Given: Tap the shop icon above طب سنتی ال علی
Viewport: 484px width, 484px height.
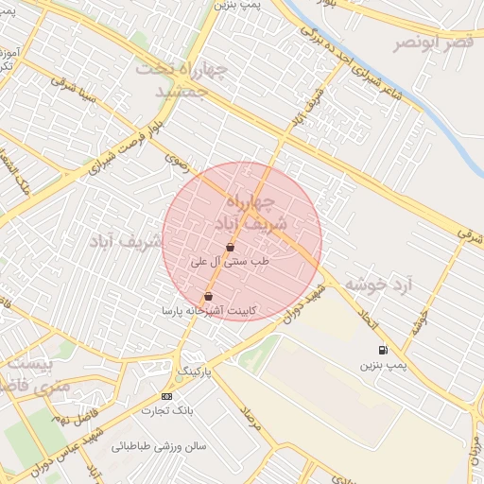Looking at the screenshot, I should click(231, 248).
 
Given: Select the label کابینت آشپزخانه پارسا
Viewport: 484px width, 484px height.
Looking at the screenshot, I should click(210, 310).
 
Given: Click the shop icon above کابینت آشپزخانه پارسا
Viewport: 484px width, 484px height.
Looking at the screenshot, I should click(208, 297).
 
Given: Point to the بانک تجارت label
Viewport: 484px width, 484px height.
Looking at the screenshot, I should click(167, 410).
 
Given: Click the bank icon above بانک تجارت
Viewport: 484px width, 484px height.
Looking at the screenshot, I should click(167, 396).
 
